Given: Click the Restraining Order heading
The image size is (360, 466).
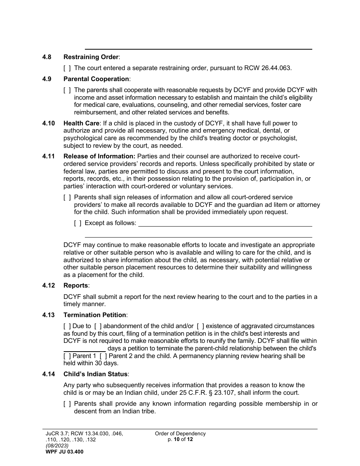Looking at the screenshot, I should pyautogui.click(x=91, y=57).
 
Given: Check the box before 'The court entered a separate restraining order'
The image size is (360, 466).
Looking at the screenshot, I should pyautogui.click(x=67, y=68).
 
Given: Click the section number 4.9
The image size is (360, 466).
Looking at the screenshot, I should pyautogui.click(x=49, y=79).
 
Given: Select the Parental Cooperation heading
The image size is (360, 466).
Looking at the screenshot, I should pyautogui.click(x=96, y=79).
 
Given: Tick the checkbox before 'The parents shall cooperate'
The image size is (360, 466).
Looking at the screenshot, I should pyautogui.click(x=67, y=90).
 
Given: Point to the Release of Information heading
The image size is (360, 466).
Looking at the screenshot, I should pyautogui.click(x=99, y=156).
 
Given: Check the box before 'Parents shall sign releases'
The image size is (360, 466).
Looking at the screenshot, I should pyautogui.click(x=67, y=197).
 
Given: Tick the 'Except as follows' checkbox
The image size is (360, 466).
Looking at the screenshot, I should pyautogui.click(x=78, y=223).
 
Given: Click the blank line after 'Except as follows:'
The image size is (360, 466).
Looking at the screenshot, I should pyautogui.click(x=225, y=223).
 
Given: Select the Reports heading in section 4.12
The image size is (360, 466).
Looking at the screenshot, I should pyautogui.click(x=76, y=286).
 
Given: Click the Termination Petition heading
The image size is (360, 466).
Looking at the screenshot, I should pyautogui.click(x=95, y=315).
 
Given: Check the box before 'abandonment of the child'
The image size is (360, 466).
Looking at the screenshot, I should pyautogui.click(x=98, y=326).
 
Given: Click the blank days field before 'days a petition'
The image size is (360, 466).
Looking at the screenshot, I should pyautogui.click(x=85, y=349).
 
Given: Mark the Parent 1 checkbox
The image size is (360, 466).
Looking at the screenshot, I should pyautogui.click(x=67, y=356).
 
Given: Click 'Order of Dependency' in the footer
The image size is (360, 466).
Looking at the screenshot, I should pyautogui.click(x=180, y=434).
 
